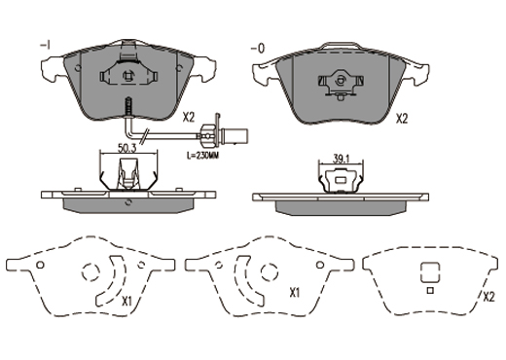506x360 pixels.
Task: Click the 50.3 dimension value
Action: tap(126, 149)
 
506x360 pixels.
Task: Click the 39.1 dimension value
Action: tap(341, 159)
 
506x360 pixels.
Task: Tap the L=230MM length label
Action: tap(203, 156)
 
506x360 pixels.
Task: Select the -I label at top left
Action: tap(45, 46)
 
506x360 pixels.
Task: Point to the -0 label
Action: tap(258, 49)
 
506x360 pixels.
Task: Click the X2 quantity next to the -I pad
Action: tap(189, 118)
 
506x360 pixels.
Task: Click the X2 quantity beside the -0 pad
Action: tap(402, 119)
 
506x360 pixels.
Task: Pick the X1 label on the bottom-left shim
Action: tap(126, 302)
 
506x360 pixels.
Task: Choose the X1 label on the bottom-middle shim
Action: tap(295, 294)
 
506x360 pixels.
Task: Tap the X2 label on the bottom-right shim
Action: tap(488, 297)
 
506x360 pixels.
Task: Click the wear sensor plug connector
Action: tap(225, 133)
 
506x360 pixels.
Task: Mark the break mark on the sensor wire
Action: tap(145, 136)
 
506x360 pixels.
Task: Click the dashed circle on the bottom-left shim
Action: tap(90, 271)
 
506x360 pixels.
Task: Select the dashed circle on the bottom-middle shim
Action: tap(270, 271)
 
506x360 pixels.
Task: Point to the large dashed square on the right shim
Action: tap(430, 272)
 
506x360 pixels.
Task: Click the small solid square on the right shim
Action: tap(430, 291)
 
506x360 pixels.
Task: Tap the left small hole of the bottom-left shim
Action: tap(40, 265)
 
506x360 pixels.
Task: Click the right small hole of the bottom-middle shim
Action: tap(320, 265)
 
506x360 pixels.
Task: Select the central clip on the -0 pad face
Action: tap(341, 83)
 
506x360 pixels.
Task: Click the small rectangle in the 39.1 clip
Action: tap(341, 180)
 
